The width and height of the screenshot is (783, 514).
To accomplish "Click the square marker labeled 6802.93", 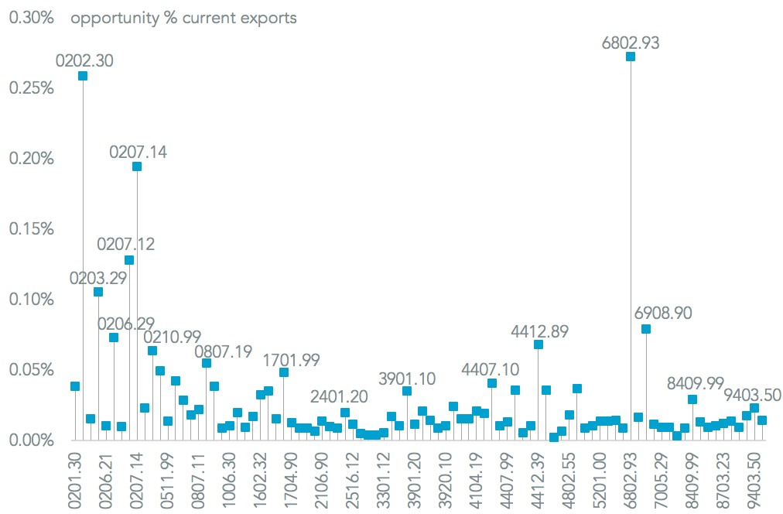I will pos(631,57).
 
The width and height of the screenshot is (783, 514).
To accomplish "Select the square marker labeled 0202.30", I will pos(83,76).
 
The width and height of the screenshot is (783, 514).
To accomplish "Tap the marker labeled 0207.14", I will pos(137,166).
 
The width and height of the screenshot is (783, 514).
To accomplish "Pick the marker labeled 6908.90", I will pos(646,329).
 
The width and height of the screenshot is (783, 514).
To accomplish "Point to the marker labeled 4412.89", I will pos(539,344).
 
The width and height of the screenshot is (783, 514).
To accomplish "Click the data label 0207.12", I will pos(125,245).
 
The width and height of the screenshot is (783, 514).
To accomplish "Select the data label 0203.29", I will pos(98,278).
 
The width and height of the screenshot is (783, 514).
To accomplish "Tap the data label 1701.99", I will pos(292,360).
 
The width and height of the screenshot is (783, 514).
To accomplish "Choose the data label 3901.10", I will pos(407,379).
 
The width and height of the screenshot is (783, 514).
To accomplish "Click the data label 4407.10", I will pos(491,368).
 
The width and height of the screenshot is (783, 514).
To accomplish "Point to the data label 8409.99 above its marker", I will pos(696,383).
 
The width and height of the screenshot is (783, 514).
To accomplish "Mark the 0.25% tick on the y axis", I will pos(31,88).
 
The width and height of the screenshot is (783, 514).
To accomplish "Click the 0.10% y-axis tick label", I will pos(31,300).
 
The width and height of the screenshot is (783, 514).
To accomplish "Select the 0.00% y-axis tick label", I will pos(31,440).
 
